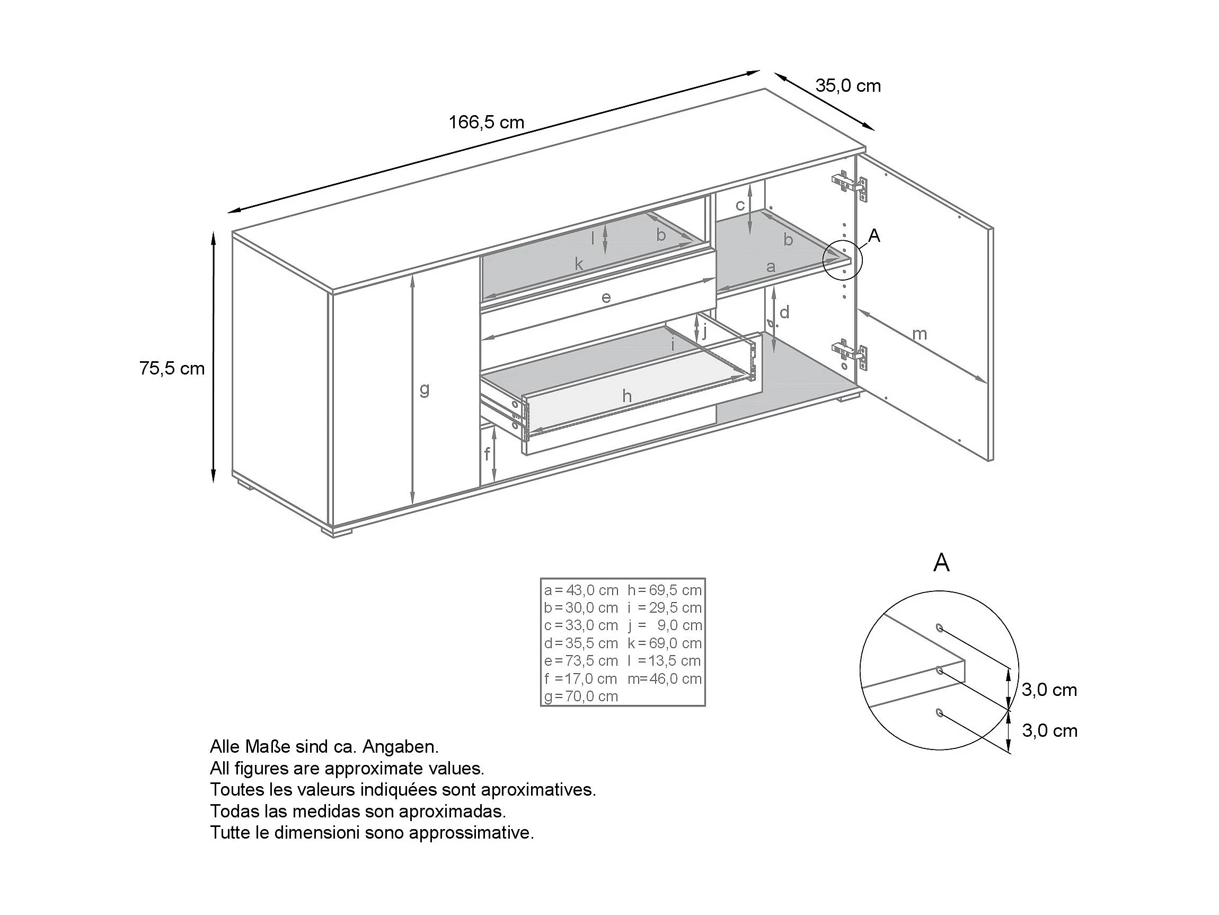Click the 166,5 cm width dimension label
pos(486,122)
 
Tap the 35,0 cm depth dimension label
pos(847,86)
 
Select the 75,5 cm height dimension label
pos(172,369)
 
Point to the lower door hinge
pos(849,353)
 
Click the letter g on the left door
pos(424,389)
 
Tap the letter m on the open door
pos(919,334)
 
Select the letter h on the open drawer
pos(626,396)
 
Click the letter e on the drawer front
pos(606,298)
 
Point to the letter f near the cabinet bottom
pos(487,455)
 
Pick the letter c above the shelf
pos(740,205)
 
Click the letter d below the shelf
pos(784,312)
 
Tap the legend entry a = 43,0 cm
pos(581,590)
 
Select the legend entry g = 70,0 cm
pos(581,696)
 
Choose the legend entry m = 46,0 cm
pos(665,678)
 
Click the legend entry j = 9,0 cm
pos(665,625)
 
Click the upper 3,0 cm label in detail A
pos(1049,690)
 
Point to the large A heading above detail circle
pos(941,563)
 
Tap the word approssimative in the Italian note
pos(472,833)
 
